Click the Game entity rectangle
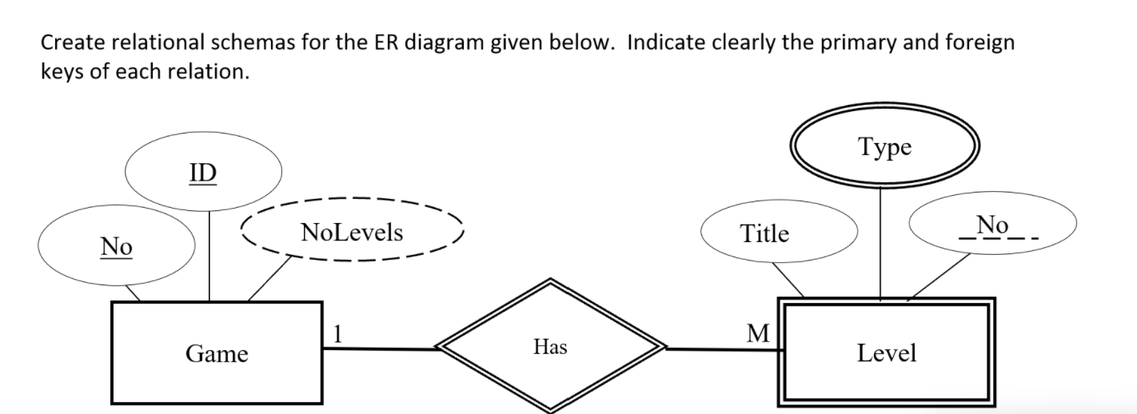[x=217, y=352]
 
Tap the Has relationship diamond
[x=550, y=346]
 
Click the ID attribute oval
[x=203, y=173]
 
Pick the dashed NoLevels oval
[x=352, y=233]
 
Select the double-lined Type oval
[x=884, y=148]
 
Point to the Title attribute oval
[x=764, y=233]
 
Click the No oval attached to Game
[x=116, y=247]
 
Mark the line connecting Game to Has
[x=380, y=348]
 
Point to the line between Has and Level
[x=721, y=348]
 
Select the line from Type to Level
[x=880, y=244]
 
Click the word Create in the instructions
[x=70, y=42]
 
